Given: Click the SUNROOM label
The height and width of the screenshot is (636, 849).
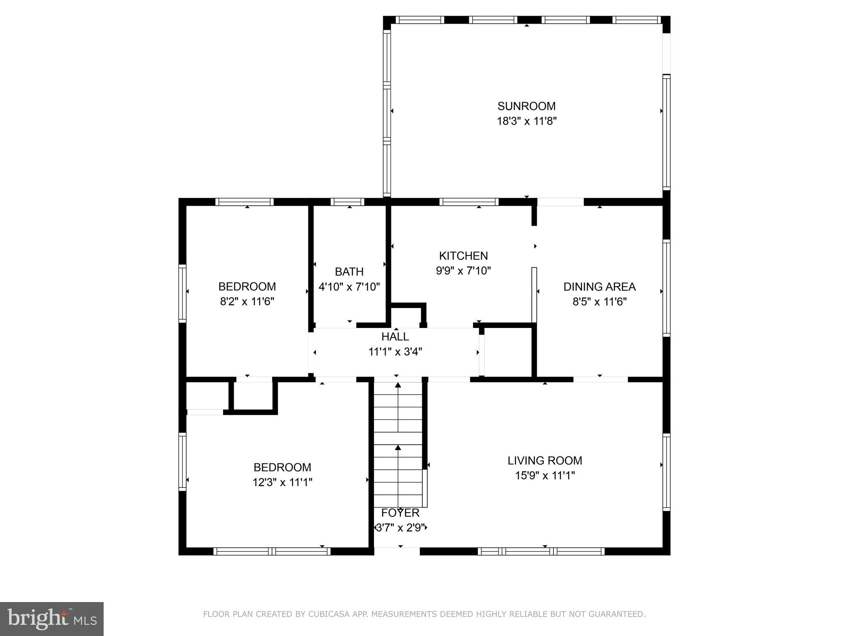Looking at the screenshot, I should (526, 106).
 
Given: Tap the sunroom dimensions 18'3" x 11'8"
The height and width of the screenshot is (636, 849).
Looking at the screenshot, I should (526, 121).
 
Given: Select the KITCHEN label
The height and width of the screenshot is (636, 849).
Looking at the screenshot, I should (463, 255).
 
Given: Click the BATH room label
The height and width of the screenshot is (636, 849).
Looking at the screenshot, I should (349, 272).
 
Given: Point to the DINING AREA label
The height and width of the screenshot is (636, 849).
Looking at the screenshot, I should (599, 287).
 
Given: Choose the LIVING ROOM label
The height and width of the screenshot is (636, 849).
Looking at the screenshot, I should (545, 460).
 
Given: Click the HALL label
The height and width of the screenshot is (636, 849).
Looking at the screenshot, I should (395, 337).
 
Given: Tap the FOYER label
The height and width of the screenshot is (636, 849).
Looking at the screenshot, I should (400, 513).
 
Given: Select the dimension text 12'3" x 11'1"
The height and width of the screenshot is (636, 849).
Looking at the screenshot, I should (282, 482).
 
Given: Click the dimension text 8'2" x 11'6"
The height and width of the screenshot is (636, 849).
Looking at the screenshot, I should (247, 301).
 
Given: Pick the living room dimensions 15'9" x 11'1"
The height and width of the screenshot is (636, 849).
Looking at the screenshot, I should (545, 476).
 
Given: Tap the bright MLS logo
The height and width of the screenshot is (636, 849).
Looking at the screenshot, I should (51, 619).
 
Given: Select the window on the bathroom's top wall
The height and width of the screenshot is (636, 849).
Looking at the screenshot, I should (347, 202).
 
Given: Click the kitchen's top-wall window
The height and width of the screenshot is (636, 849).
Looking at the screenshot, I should (469, 202).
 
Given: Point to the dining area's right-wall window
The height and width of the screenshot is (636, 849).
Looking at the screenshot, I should (666, 288).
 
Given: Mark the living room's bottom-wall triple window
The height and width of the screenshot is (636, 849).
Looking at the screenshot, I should (541, 551).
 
